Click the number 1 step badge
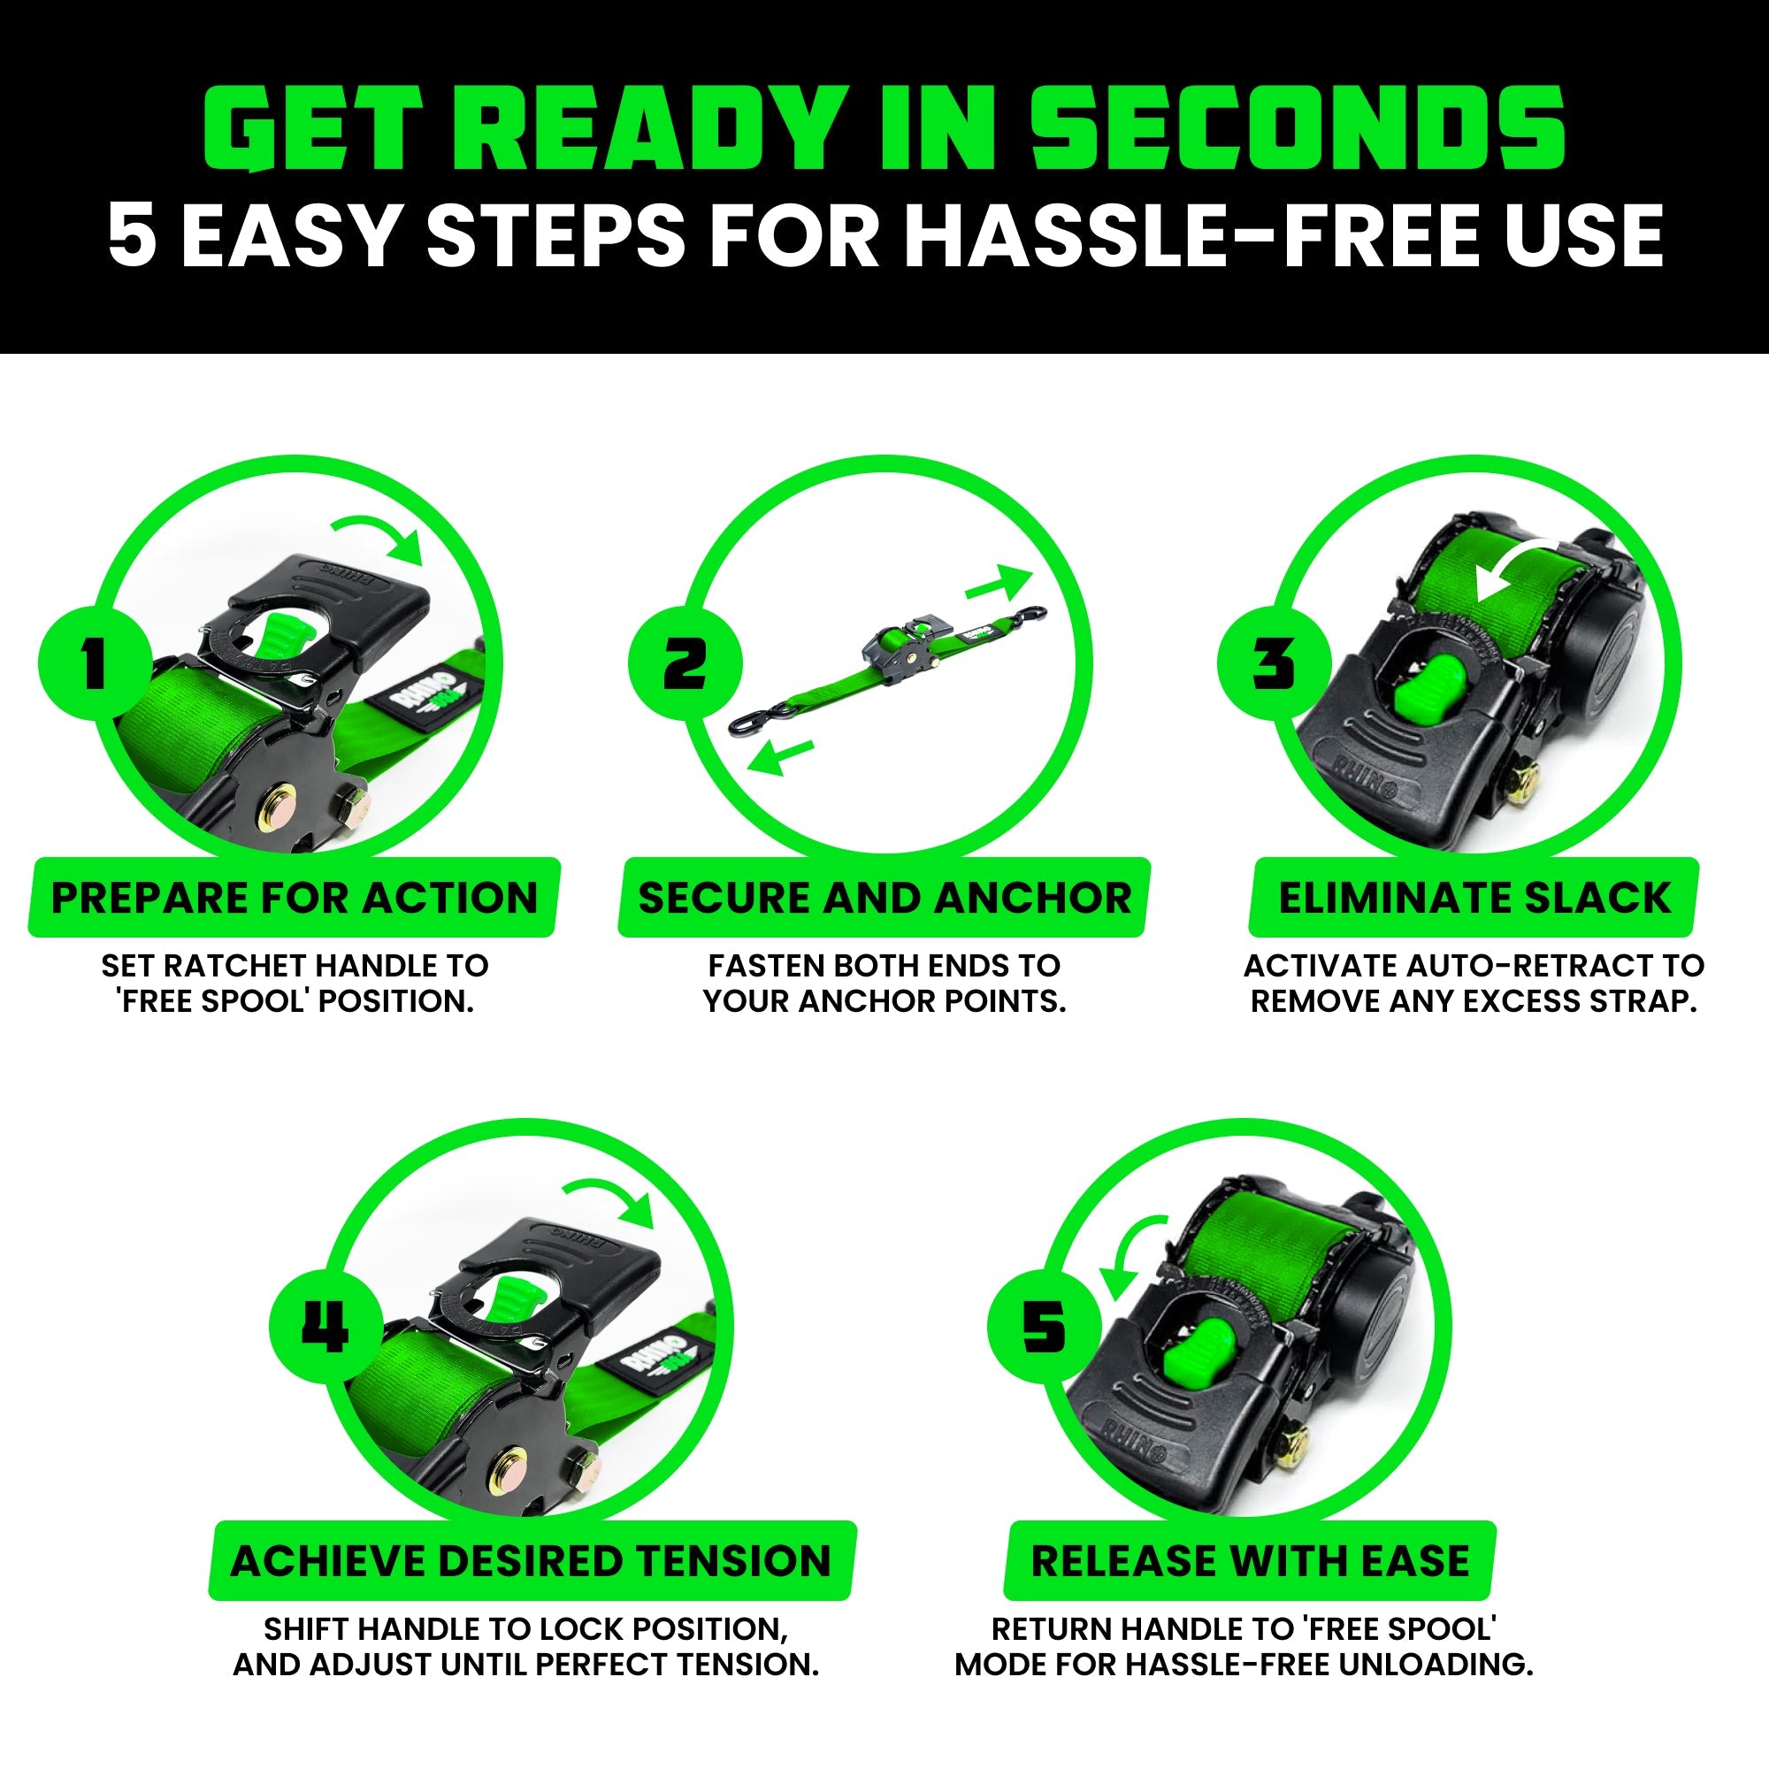point(95,662)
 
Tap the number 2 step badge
point(684,662)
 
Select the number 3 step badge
point(1274,662)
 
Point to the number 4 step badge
point(325,1327)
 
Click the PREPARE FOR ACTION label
point(294,897)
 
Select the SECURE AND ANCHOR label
point(884,897)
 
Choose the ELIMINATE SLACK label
point(1474,897)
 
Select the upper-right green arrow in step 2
point(999,582)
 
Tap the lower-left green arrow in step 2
point(779,756)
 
